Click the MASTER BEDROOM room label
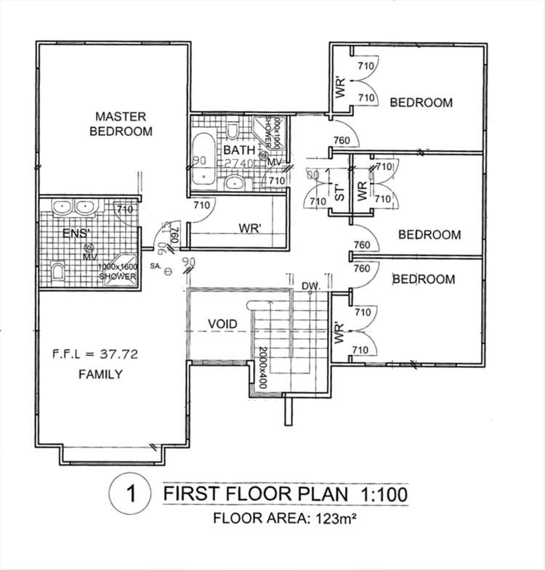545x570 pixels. coord(121,123)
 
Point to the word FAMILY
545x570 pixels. coord(100,375)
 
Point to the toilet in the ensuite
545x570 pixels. coord(57,272)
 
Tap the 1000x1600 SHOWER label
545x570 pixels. coord(118,272)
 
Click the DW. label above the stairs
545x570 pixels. coord(310,285)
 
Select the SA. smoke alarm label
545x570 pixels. coord(154,266)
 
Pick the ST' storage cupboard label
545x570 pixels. coord(337,193)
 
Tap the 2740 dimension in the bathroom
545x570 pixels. coord(238,163)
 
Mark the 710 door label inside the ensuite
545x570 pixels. coord(125,210)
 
